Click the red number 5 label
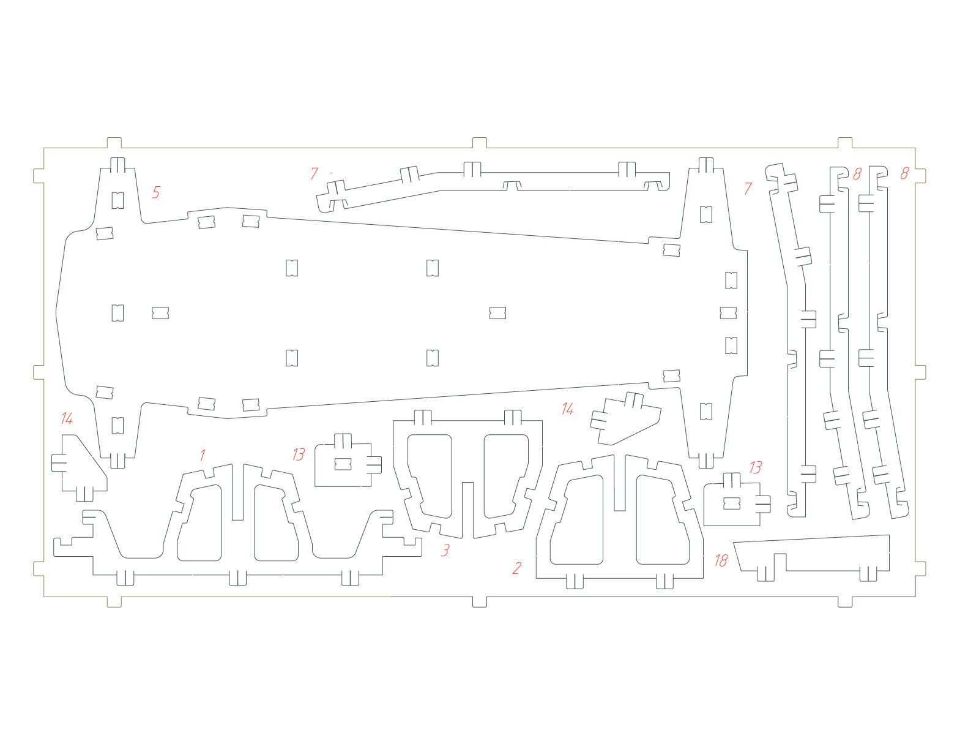pyautogui.click(x=155, y=192)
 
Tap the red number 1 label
pyautogui.click(x=203, y=455)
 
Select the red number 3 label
pyautogui.click(x=445, y=550)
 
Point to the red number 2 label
pyautogui.click(x=516, y=568)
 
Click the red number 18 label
pyautogui.click(x=721, y=560)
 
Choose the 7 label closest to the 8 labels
pyautogui.click(x=748, y=188)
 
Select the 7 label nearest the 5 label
pyautogui.click(x=315, y=173)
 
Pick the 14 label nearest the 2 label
pyautogui.click(x=567, y=409)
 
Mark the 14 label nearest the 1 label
pyautogui.click(x=67, y=418)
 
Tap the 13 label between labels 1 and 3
pyautogui.click(x=299, y=454)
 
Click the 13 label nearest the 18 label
pyautogui.click(x=756, y=468)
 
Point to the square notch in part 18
pyautogui.click(x=780, y=562)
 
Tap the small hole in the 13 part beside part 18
pyautogui.click(x=731, y=503)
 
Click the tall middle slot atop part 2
pyautogui.click(x=619, y=483)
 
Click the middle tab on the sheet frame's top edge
pyautogui.click(x=480, y=142)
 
